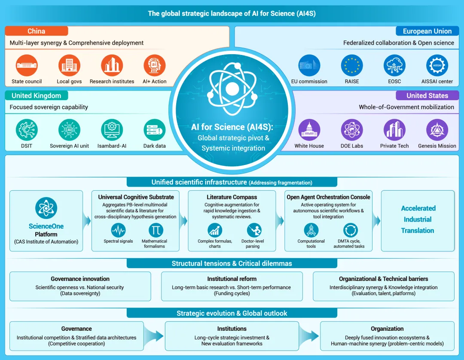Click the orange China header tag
[37, 31]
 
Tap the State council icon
[27, 65]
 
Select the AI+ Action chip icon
[155, 65]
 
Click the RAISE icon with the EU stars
[352, 65]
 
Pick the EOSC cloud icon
[394, 65]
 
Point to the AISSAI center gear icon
[437, 65]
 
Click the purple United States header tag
[427, 95]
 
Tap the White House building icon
[309, 130]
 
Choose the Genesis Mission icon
[437, 130]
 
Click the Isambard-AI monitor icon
[112, 130]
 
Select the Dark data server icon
[155, 130]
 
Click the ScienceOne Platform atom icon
[46, 208]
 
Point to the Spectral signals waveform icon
[119, 230]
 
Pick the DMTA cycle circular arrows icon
[351, 230]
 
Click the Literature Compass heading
[232, 197]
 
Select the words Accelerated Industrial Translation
[418, 219]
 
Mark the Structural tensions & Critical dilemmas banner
[232, 263]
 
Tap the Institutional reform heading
[232, 279]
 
